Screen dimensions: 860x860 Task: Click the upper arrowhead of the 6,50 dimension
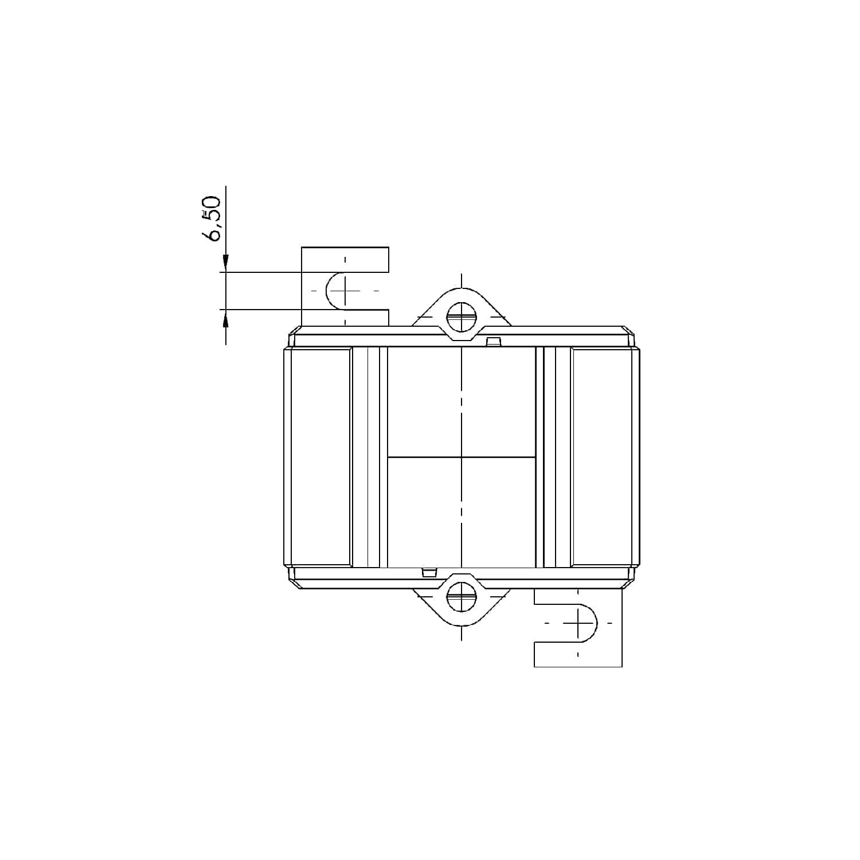pos(226,263)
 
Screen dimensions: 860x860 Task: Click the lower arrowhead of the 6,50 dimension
pos(226,319)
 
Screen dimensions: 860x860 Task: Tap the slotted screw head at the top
pos(462,316)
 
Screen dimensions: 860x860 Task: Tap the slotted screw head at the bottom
pos(462,596)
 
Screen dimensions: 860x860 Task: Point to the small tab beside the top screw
pos(493,342)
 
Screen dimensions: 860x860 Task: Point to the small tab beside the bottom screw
pos(429,572)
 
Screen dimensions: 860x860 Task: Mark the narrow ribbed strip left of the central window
pos(369,457)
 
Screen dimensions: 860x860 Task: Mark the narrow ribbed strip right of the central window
pos(554,457)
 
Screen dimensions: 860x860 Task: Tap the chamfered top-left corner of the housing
pos(294,331)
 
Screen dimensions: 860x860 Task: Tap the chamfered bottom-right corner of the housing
pos(630,584)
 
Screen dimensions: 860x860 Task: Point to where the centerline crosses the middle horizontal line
pos(462,457)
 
